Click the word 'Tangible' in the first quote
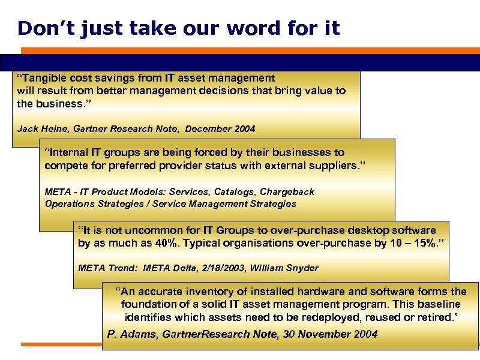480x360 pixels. click(46, 77)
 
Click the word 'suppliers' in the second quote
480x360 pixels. click(335, 164)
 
